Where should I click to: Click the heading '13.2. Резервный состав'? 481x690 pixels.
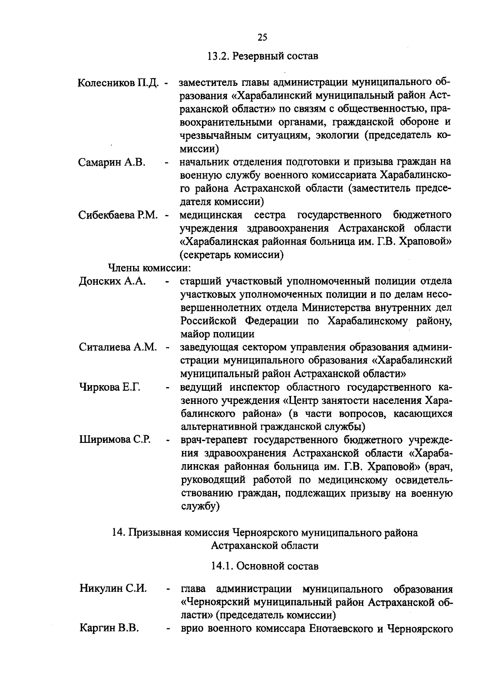263,56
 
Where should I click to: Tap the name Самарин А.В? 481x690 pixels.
112,162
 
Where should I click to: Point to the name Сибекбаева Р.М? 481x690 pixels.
119,215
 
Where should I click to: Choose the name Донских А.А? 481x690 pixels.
112,281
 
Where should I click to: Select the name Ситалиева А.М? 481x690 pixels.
118,347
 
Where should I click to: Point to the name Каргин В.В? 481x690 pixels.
109,628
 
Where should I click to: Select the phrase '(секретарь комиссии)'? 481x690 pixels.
232,255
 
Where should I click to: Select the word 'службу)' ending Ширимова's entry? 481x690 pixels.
199,506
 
